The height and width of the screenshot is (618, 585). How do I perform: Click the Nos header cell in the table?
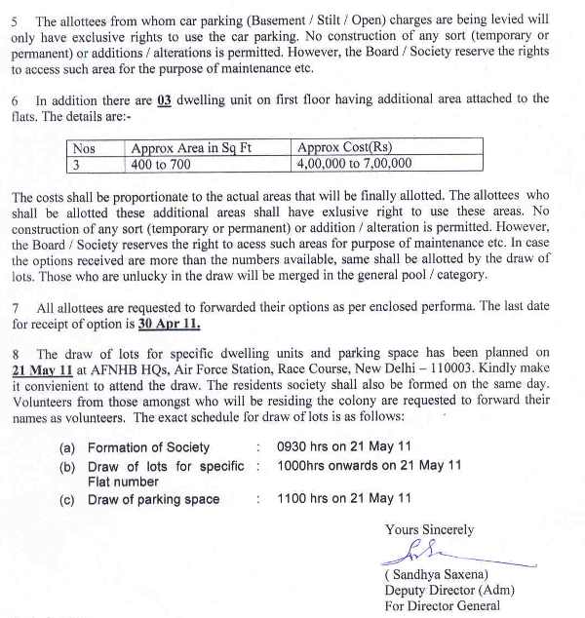[86, 148]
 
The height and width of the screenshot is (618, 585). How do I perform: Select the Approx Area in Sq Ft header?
[191, 148]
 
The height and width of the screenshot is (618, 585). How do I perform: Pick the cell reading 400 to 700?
[162, 164]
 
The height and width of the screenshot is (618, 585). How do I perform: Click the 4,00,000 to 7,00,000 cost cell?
[355, 164]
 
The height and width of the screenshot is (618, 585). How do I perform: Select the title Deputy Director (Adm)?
[449, 591]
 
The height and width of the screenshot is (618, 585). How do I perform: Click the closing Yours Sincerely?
[429, 530]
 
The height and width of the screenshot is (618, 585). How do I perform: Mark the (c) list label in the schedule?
[67, 500]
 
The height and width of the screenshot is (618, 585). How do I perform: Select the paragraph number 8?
[17, 354]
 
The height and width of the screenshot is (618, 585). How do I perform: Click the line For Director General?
[443, 605]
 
